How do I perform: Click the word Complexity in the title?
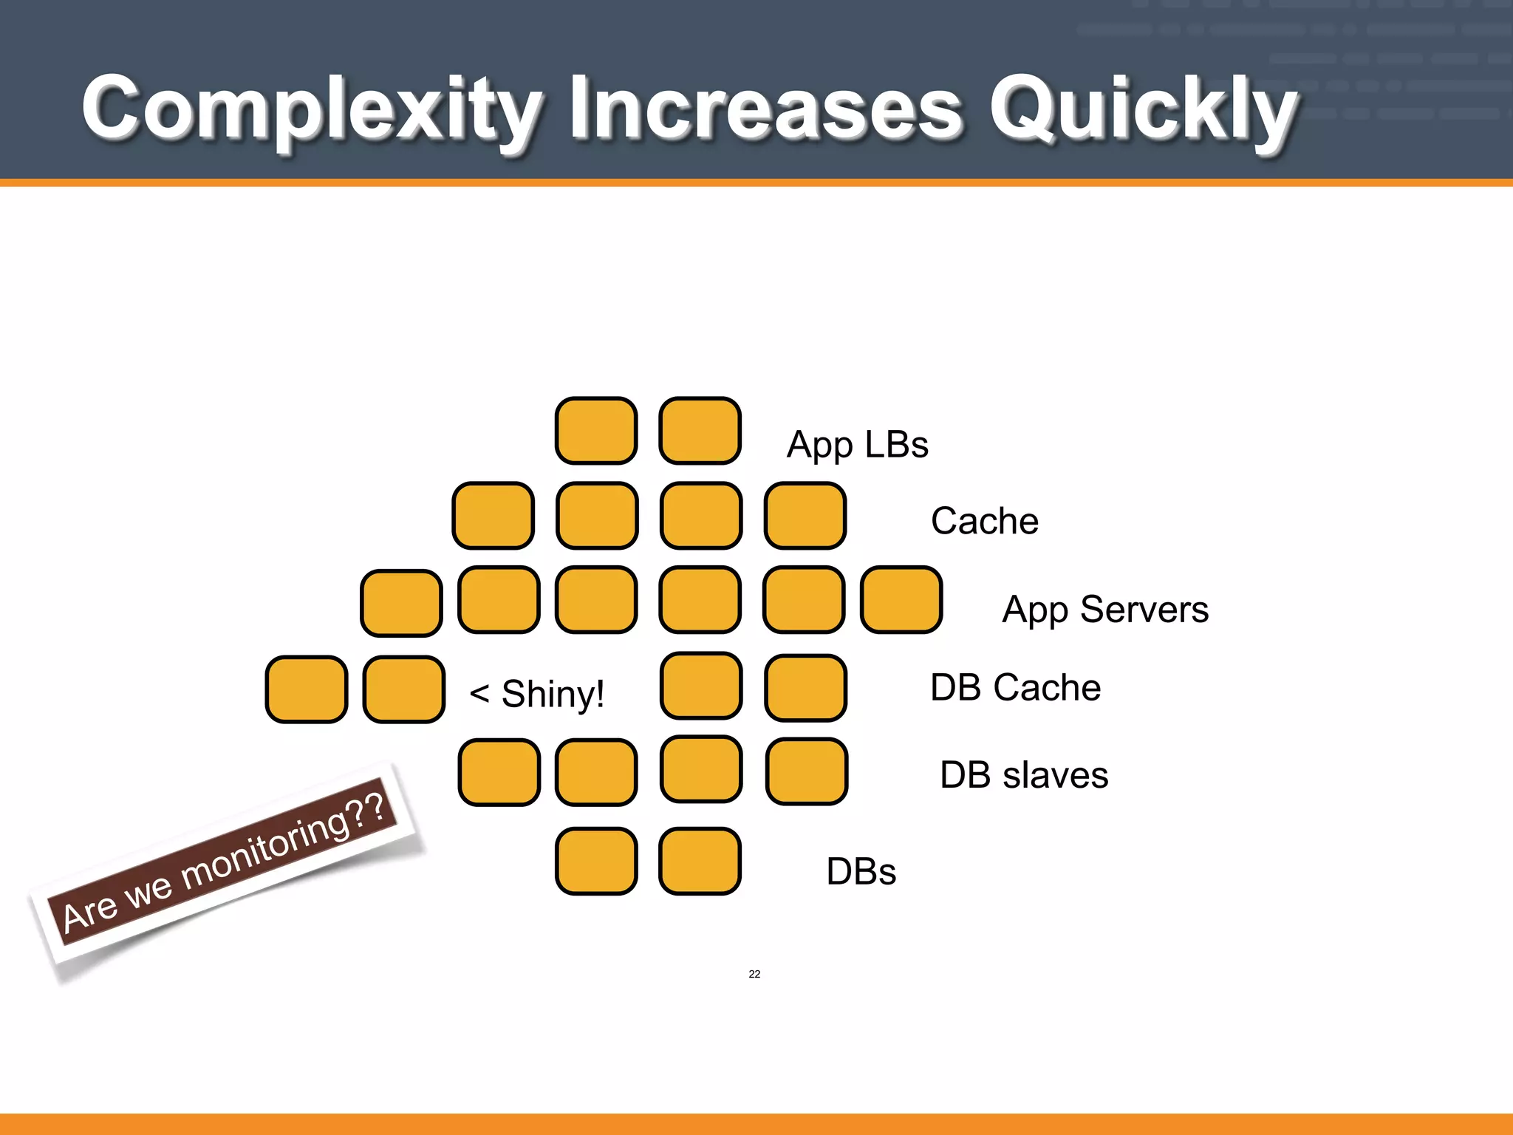[310, 109]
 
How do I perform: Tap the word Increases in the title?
[765, 109]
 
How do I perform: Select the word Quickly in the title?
[1143, 109]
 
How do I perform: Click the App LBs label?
[857, 445]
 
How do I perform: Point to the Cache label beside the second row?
[984, 521]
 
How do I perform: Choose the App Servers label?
[1105, 610]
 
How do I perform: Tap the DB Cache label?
[1015, 687]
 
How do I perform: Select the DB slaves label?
[1024, 775]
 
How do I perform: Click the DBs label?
[861, 871]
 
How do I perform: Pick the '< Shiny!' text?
[537, 694]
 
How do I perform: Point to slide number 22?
[754, 974]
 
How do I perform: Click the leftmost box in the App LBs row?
[596, 431]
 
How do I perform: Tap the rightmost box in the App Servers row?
[901, 599]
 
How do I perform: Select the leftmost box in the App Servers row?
[401, 603]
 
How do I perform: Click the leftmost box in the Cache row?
[493, 515]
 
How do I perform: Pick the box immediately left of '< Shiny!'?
[403, 689]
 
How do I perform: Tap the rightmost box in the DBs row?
[700, 861]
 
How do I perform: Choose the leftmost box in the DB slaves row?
[499, 771]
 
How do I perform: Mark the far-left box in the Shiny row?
[306, 689]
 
